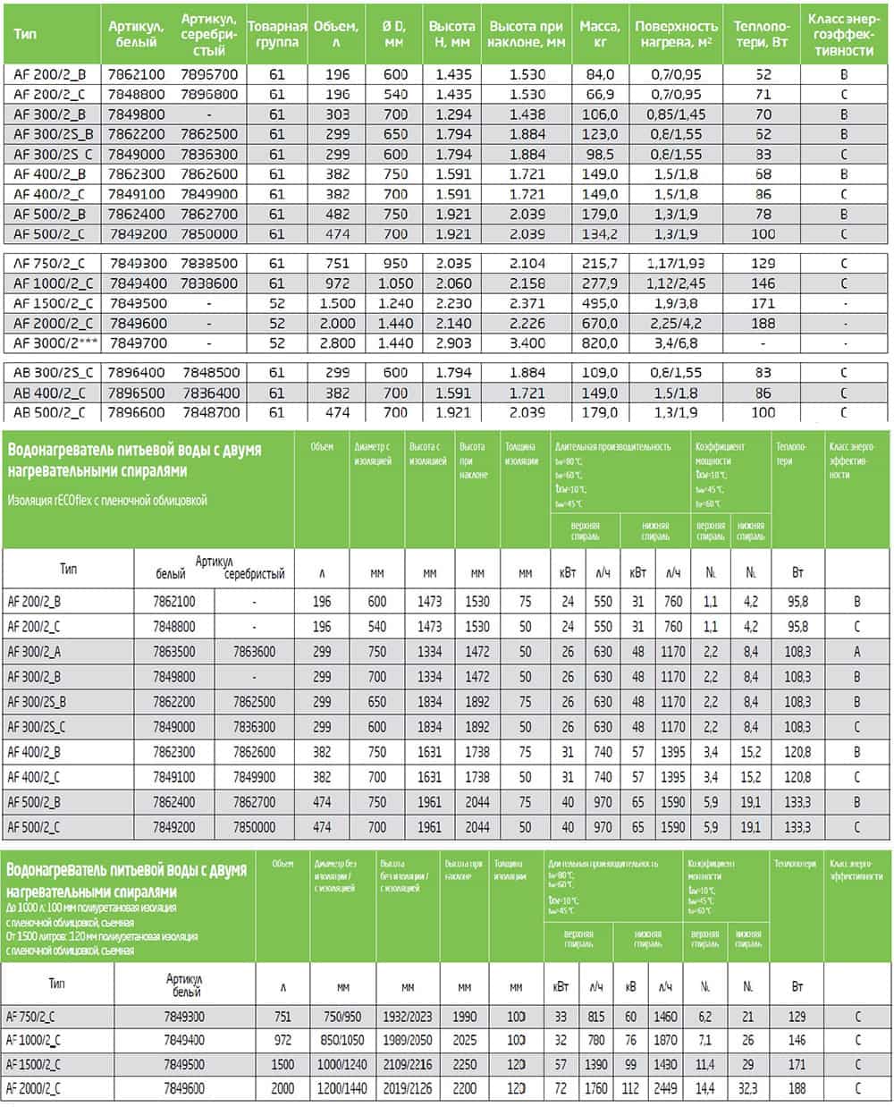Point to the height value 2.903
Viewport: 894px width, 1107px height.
click(452, 342)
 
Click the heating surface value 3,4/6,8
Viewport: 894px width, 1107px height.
click(676, 342)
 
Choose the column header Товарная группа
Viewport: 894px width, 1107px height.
click(276, 34)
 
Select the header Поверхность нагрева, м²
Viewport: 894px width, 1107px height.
click(676, 34)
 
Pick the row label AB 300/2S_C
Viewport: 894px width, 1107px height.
click(53, 372)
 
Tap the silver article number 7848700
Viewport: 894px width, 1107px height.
click(208, 412)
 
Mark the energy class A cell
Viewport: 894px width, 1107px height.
click(857, 652)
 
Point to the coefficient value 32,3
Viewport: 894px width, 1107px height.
click(747, 1088)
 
